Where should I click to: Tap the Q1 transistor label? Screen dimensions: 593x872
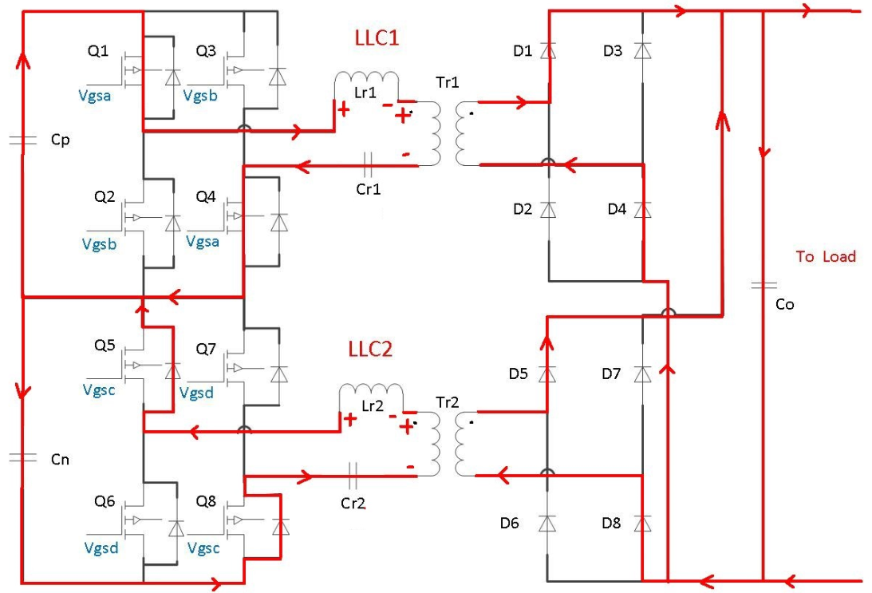98,52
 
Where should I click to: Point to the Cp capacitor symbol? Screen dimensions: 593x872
22,140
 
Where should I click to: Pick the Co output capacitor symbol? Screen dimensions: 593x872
763,285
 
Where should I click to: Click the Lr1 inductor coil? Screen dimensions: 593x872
366,82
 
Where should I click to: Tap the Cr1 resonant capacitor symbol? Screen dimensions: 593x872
367,165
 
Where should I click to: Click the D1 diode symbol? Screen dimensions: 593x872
547,51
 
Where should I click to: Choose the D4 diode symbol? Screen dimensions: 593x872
643,210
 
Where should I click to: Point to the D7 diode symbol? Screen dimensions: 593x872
643,374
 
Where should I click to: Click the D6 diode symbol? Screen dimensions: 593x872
547,524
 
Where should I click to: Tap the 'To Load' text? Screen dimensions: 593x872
825,256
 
